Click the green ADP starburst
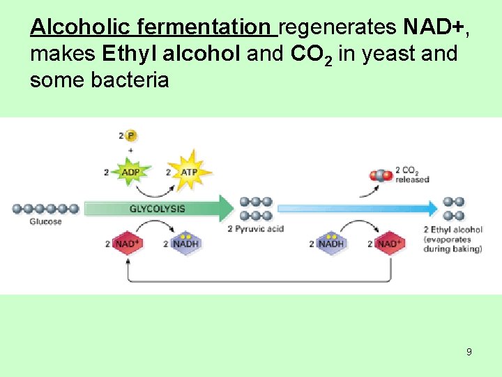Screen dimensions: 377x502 coord(130,172)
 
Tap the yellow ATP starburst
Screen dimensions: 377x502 coord(189,172)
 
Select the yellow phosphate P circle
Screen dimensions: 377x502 coord(130,135)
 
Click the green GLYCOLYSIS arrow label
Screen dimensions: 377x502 coord(157,209)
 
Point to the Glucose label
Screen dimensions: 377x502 coord(45,222)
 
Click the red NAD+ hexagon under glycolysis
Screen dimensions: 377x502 coord(127,244)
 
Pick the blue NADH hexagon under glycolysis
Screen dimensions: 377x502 coord(185,244)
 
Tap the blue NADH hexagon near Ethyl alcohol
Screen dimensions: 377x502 coord(331,244)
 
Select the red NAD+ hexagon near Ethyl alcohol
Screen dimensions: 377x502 coord(388,244)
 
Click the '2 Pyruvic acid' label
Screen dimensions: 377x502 coord(256,229)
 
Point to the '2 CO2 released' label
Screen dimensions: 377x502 coord(412,175)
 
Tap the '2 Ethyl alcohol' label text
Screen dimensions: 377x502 coord(452,230)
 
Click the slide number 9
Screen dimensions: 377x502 coord(469,352)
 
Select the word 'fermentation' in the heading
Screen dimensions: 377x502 coord(204,27)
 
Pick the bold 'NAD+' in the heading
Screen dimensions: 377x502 coord(432,27)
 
